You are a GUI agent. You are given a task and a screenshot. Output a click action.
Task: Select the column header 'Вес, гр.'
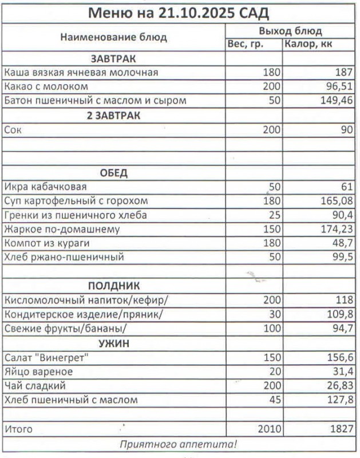click(x=246, y=44)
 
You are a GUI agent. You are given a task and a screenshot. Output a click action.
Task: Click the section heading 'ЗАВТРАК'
click(x=113, y=58)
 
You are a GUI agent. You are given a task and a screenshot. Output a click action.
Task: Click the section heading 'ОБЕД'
click(x=113, y=173)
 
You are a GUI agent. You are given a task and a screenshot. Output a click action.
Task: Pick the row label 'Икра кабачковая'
click(x=45, y=187)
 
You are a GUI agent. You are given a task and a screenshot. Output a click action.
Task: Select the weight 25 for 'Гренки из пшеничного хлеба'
click(x=274, y=215)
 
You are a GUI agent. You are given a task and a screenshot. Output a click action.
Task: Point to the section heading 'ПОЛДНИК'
click(x=113, y=286)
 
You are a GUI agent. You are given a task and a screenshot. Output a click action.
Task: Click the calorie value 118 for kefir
click(x=344, y=300)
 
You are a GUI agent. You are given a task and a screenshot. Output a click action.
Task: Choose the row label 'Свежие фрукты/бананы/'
click(x=65, y=329)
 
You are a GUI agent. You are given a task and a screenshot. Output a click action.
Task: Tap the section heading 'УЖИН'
click(x=113, y=343)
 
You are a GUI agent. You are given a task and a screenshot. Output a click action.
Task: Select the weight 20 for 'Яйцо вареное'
click(x=274, y=372)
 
